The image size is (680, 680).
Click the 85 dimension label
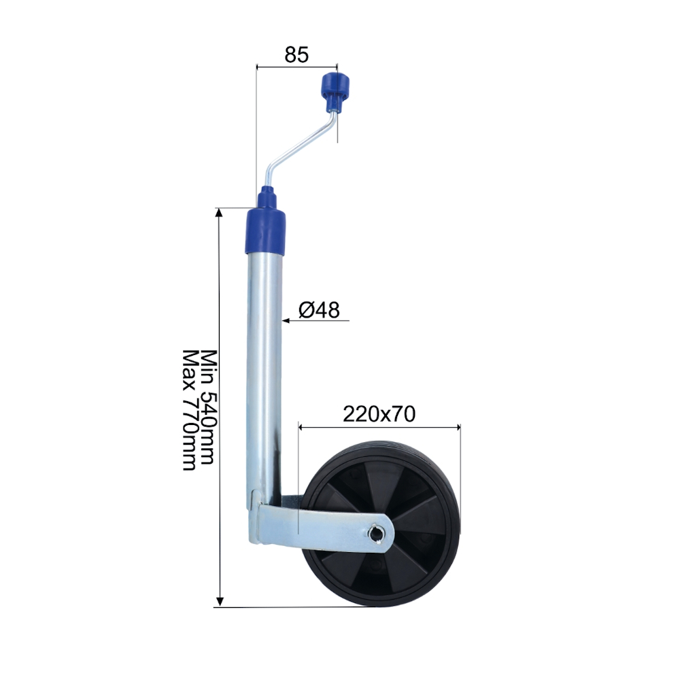coord(296,55)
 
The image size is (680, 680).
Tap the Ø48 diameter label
coord(319,310)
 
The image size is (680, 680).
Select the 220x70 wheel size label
coord(379,414)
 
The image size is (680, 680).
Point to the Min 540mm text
coord(207,407)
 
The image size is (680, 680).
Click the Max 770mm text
coord(190,410)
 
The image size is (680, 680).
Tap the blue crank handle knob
coord(335,90)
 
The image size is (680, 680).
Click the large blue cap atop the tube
coord(266,231)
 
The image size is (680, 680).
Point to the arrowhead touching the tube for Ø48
coord(286,321)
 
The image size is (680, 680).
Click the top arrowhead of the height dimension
coord(220,212)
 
